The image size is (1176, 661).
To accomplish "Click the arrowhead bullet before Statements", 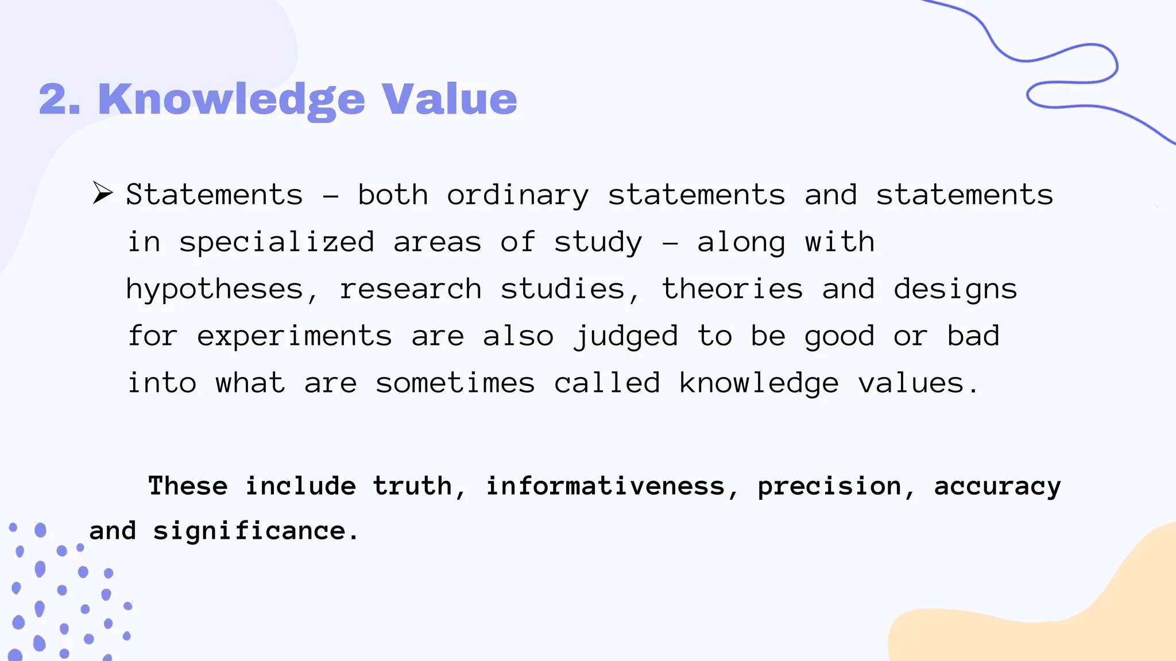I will pyautogui.click(x=103, y=193).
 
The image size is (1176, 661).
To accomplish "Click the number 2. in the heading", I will pyautogui.click(x=60, y=99).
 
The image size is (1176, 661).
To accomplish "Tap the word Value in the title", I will pyautogui.click(x=449, y=99).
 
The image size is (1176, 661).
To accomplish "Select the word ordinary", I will pyautogui.click(x=517, y=196).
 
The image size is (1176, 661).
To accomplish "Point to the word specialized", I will pyautogui.click(x=277, y=243).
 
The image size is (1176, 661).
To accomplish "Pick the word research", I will pyautogui.click(x=410, y=289).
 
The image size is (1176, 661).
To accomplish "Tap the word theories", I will pyautogui.click(x=732, y=289).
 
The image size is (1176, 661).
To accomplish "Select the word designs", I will pyautogui.click(x=955, y=290).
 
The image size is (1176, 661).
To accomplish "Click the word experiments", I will pyautogui.click(x=295, y=336).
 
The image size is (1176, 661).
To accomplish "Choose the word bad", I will pyautogui.click(x=973, y=336).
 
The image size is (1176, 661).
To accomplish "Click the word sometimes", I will pyautogui.click(x=455, y=383).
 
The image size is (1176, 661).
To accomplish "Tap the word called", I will pyautogui.click(x=607, y=383).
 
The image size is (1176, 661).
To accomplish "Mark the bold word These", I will pyautogui.click(x=188, y=486).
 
